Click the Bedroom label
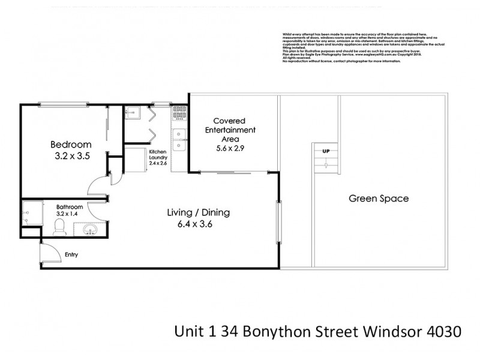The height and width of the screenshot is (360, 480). click(71, 145)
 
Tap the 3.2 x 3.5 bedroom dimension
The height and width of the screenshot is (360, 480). click(71, 157)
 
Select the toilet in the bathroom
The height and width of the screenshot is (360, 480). click(59, 226)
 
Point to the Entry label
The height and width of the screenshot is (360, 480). click(71, 255)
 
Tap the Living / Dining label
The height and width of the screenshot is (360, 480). click(199, 212)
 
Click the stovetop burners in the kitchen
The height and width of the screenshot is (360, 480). click(178, 119)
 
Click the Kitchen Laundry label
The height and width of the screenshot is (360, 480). click(158, 157)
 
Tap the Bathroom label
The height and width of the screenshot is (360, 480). click(69, 206)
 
